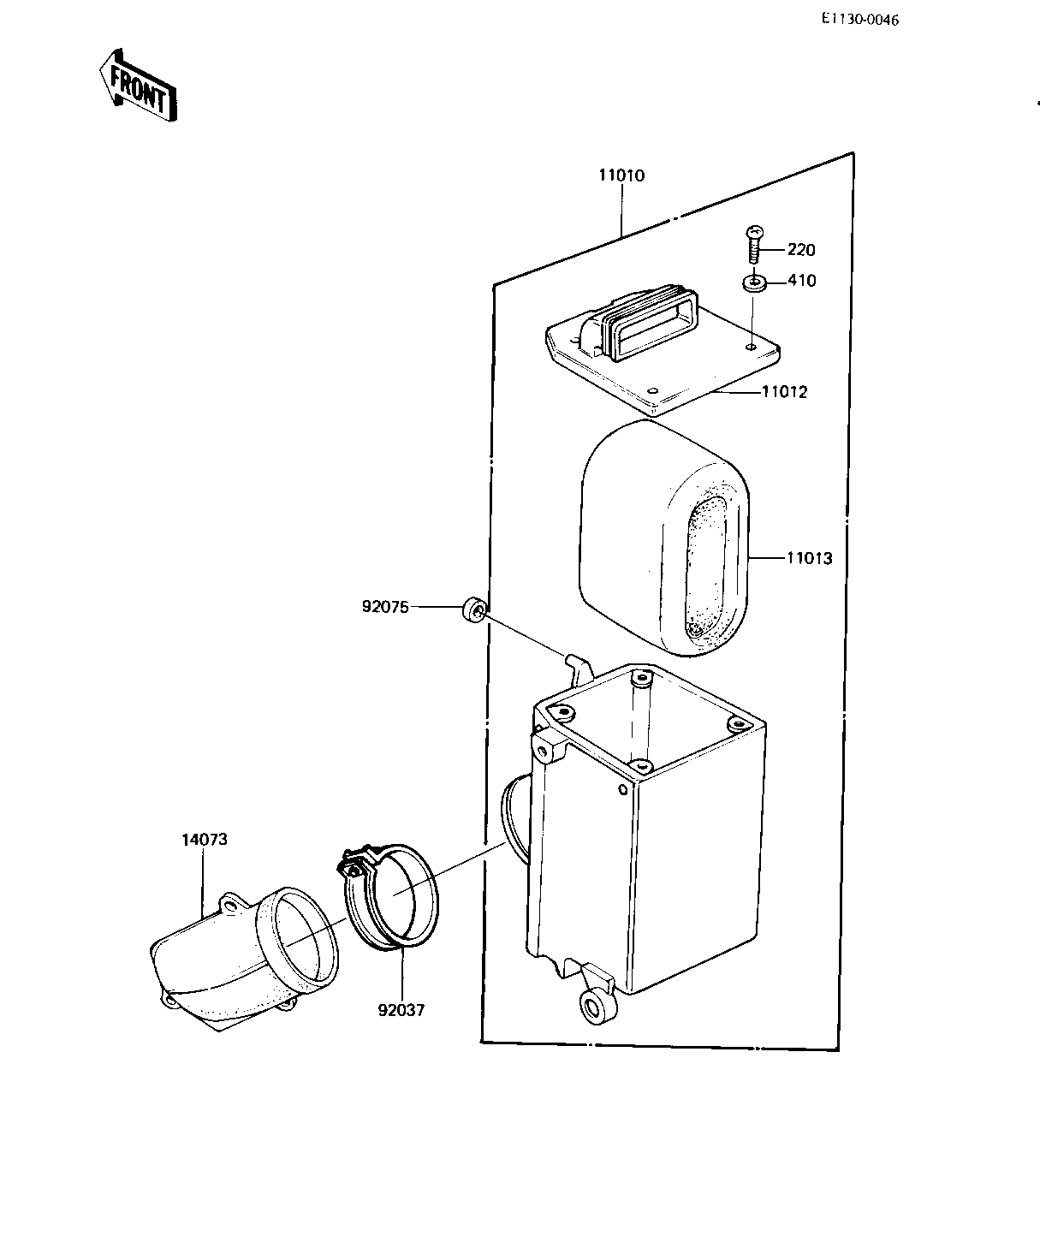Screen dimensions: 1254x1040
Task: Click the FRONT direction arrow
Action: tap(137, 87)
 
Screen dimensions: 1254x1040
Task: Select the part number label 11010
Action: tap(621, 175)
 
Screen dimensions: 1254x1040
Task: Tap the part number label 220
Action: tap(801, 250)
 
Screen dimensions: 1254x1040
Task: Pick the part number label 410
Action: tap(801, 281)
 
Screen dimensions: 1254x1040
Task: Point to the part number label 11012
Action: tap(785, 392)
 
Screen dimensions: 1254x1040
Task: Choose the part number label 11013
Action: tap(809, 558)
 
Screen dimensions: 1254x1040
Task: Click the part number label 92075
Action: tap(385, 607)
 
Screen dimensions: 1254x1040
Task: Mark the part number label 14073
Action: tap(204, 839)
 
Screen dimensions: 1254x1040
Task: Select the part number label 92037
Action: tap(401, 1009)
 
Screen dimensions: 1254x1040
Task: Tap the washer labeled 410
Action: tap(754, 282)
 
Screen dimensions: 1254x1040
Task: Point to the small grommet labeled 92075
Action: tap(474, 609)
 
